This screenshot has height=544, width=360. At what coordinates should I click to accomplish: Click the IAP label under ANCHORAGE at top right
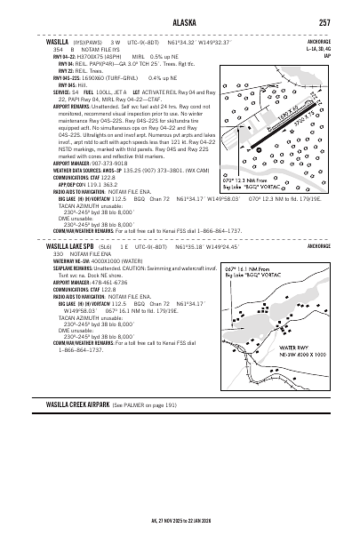pyautogui.click(x=328, y=55)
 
